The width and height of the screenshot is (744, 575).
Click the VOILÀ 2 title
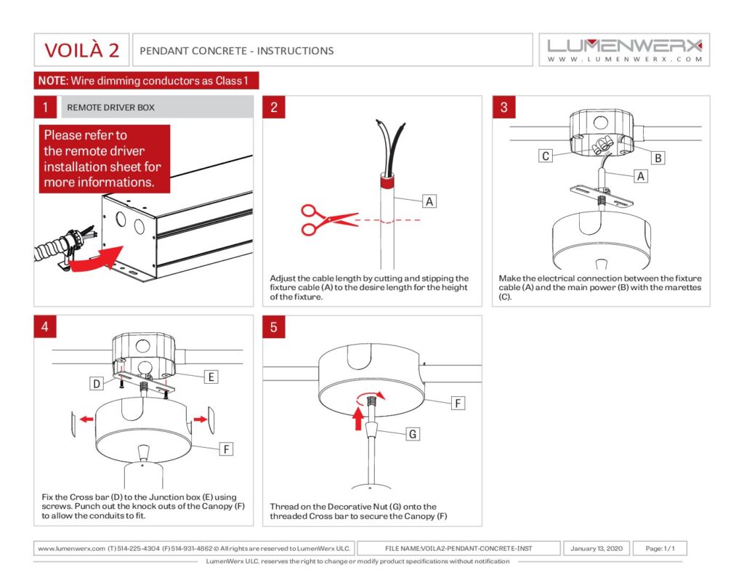tap(81, 50)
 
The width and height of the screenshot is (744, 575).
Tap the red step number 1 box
tap(45, 108)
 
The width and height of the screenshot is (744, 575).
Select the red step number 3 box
tap(504, 108)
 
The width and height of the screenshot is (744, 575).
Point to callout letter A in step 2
tap(430, 201)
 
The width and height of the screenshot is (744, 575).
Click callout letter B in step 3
tap(658, 157)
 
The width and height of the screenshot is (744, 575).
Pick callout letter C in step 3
tap(544, 155)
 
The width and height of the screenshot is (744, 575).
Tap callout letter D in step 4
tap(96, 382)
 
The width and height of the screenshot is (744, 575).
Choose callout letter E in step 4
tap(211, 377)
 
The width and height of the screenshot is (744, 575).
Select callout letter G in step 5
tap(412, 434)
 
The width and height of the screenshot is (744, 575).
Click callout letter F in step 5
tap(458, 402)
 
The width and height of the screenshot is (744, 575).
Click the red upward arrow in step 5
tap(357, 418)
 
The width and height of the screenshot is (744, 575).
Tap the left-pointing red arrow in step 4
tap(86, 419)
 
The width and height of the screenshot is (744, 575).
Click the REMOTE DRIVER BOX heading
tap(110, 108)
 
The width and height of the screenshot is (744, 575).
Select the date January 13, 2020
tap(597, 548)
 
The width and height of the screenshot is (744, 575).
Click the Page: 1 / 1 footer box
tap(660, 548)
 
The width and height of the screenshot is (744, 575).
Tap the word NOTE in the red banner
tap(52, 81)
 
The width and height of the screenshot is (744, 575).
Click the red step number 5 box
tap(274, 327)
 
